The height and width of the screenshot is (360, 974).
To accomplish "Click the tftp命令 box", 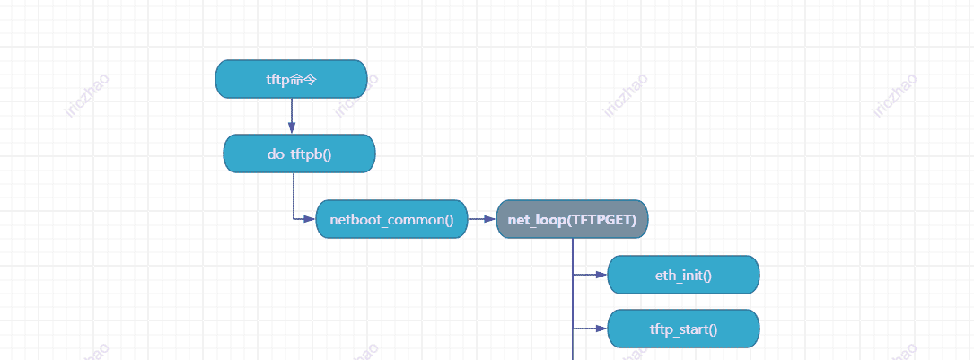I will point(291,79).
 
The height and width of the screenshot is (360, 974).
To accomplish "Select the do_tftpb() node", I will point(299,154).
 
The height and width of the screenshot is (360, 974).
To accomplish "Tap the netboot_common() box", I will point(391,219).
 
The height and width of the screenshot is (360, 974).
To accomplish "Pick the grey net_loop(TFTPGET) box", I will point(572,219).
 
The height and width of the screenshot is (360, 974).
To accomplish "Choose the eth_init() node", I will point(683,275).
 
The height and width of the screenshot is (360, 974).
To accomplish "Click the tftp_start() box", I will point(683,329).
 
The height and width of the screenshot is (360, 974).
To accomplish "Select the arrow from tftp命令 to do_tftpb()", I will point(292,115).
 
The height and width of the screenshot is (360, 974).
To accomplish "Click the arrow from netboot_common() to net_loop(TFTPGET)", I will point(481,219).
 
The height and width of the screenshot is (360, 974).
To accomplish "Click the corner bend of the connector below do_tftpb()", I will point(294,219).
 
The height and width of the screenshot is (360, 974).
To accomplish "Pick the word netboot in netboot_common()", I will point(353,220).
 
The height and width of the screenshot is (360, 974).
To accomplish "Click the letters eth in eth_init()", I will point(664,275).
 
